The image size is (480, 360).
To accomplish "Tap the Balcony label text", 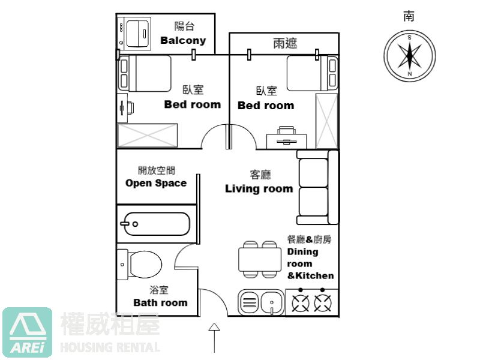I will [x=183, y=40].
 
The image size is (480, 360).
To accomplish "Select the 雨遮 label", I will [x=285, y=44].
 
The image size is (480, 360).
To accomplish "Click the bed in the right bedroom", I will [x=312, y=73].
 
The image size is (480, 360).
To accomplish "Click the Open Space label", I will [x=156, y=183].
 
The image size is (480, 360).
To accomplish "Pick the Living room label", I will [x=259, y=188].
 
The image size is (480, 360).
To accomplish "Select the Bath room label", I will [x=160, y=302].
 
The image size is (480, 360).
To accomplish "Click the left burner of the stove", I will [x=300, y=304].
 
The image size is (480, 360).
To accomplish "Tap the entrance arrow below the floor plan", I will [x=214, y=337].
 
